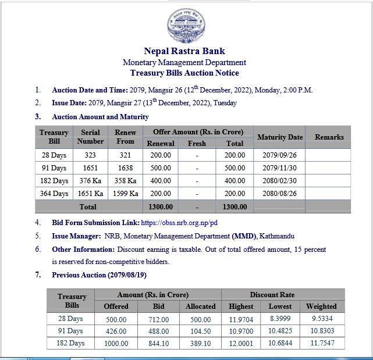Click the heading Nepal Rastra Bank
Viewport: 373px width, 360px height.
(184, 51)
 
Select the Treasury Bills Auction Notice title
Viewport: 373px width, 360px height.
(184, 73)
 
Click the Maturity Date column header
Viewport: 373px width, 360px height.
(279, 137)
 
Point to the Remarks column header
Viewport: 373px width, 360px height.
(329, 137)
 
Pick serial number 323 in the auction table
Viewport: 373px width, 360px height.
(91, 155)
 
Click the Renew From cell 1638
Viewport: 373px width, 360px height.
(125, 168)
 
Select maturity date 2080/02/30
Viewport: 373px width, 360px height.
(279, 181)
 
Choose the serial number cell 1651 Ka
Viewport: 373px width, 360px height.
(91, 194)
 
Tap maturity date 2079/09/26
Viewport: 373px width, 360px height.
(279, 155)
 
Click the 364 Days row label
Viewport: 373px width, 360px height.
(54, 194)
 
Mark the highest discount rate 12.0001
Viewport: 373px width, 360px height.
(241, 343)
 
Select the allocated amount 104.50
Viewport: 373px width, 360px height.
(201, 331)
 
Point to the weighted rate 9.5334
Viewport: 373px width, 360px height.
(321, 319)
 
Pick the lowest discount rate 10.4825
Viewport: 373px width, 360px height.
(280, 331)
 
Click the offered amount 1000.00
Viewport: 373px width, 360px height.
(116, 343)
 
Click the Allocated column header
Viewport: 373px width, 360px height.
(201, 306)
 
